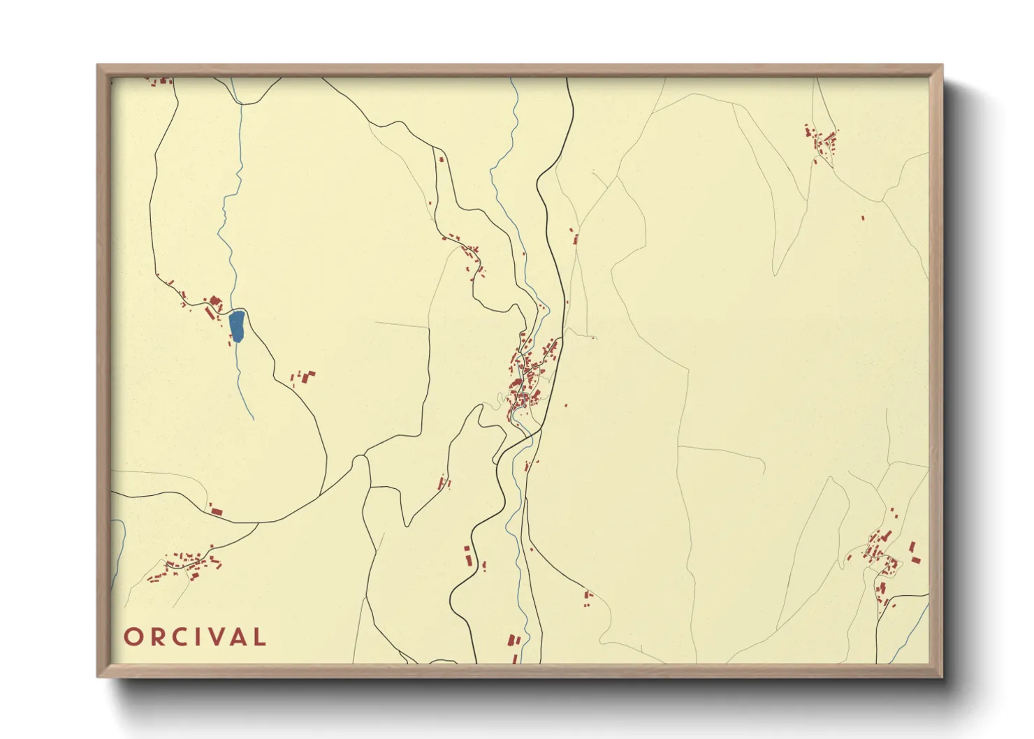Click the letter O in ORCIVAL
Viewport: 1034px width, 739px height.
(x=133, y=637)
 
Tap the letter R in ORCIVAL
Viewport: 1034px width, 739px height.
(x=157, y=637)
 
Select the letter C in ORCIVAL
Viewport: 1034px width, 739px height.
(x=181, y=637)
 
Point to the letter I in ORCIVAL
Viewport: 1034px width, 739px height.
(x=200, y=637)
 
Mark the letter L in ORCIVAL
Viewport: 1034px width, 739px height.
(x=260, y=637)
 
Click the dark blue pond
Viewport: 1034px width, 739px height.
(x=237, y=326)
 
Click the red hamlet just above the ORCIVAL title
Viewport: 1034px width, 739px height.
(x=185, y=564)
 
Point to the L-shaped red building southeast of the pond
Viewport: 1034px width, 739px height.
(x=308, y=376)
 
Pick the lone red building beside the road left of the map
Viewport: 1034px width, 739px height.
(x=216, y=512)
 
